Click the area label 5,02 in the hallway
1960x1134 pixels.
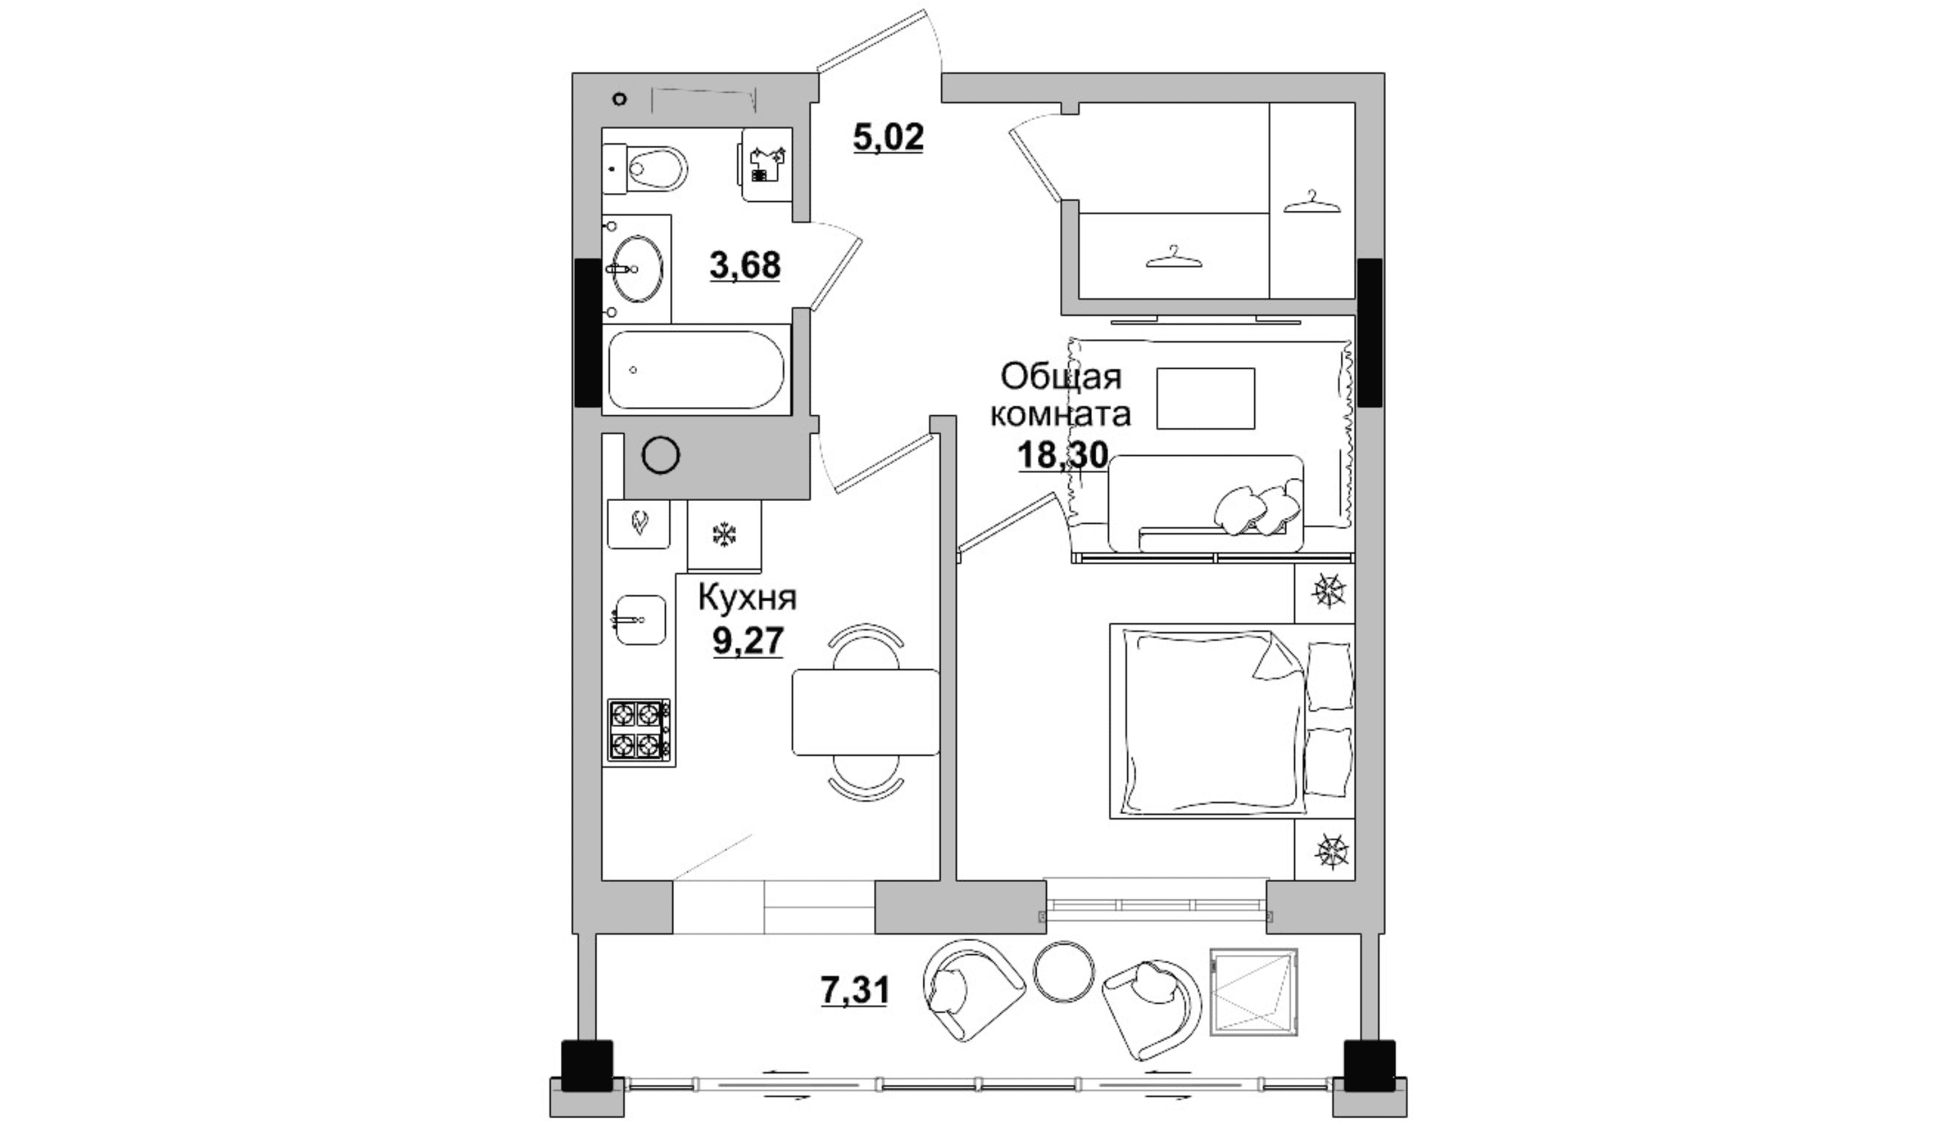[888, 138]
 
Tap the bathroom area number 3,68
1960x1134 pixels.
[745, 265]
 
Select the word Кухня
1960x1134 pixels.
[748, 598]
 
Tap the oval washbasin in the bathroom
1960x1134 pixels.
[638, 269]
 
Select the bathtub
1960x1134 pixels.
[696, 370]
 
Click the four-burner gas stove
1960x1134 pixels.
[640, 729]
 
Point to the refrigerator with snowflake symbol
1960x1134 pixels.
[724, 535]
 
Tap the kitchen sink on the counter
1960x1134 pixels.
[640, 620]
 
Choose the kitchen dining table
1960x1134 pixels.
[866, 712]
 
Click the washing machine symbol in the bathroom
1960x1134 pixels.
[767, 165]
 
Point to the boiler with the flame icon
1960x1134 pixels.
[638, 523]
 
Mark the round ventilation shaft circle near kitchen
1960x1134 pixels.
[661, 456]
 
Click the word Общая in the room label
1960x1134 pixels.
[1061, 377]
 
